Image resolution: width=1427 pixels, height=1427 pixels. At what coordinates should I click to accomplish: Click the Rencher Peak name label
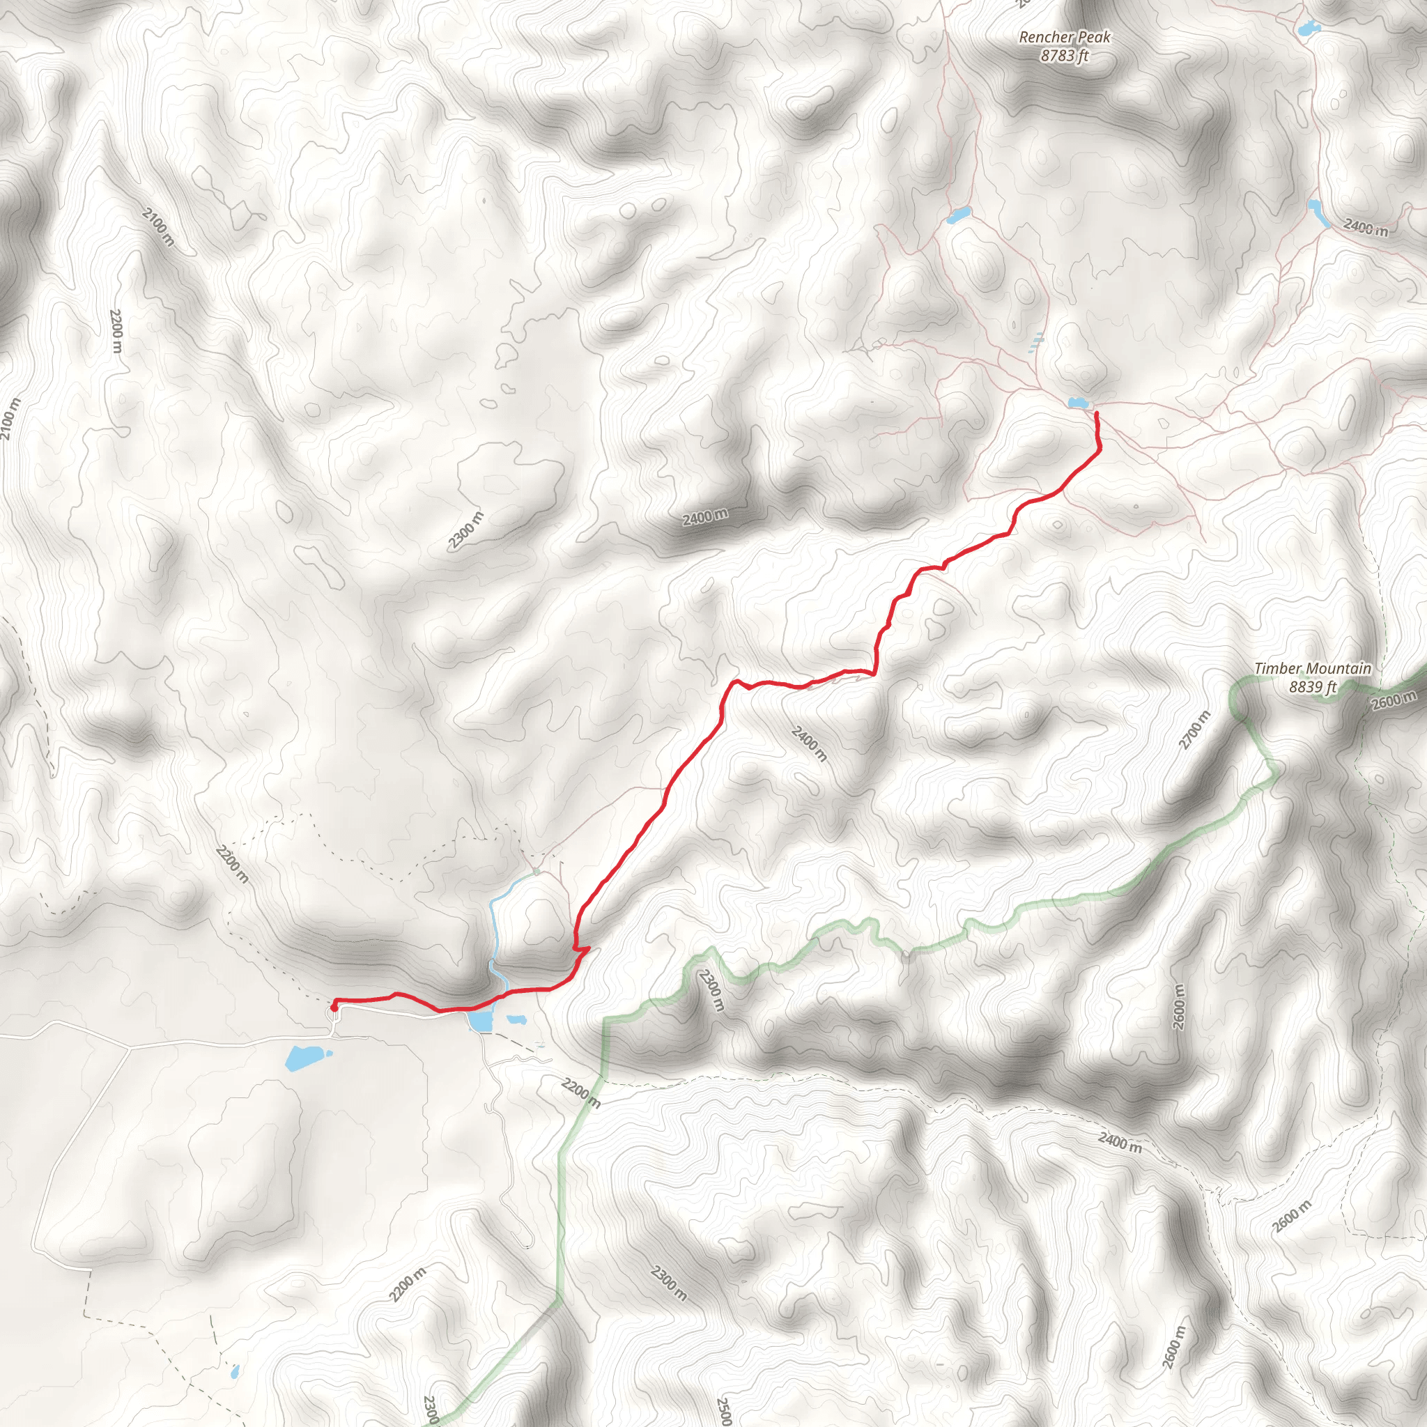coord(1065,37)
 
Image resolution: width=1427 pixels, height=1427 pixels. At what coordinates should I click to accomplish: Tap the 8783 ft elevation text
coord(1065,56)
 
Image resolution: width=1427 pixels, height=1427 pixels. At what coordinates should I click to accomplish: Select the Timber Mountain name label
coord(1313,668)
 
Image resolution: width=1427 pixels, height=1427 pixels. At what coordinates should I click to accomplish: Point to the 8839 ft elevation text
coord(1313,687)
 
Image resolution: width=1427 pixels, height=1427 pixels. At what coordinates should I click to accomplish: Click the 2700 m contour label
coord(1195,730)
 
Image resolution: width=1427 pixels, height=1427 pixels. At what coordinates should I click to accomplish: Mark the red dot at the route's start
coord(334,1006)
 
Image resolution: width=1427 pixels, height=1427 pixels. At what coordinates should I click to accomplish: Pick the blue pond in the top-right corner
coord(1308,29)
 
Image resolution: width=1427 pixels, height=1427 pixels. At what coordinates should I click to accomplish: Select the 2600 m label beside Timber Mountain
coord(1394,700)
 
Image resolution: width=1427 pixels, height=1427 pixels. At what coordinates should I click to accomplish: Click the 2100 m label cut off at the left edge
coord(9,419)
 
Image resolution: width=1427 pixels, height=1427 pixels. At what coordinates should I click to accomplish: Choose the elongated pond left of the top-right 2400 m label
coord(1317,212)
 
